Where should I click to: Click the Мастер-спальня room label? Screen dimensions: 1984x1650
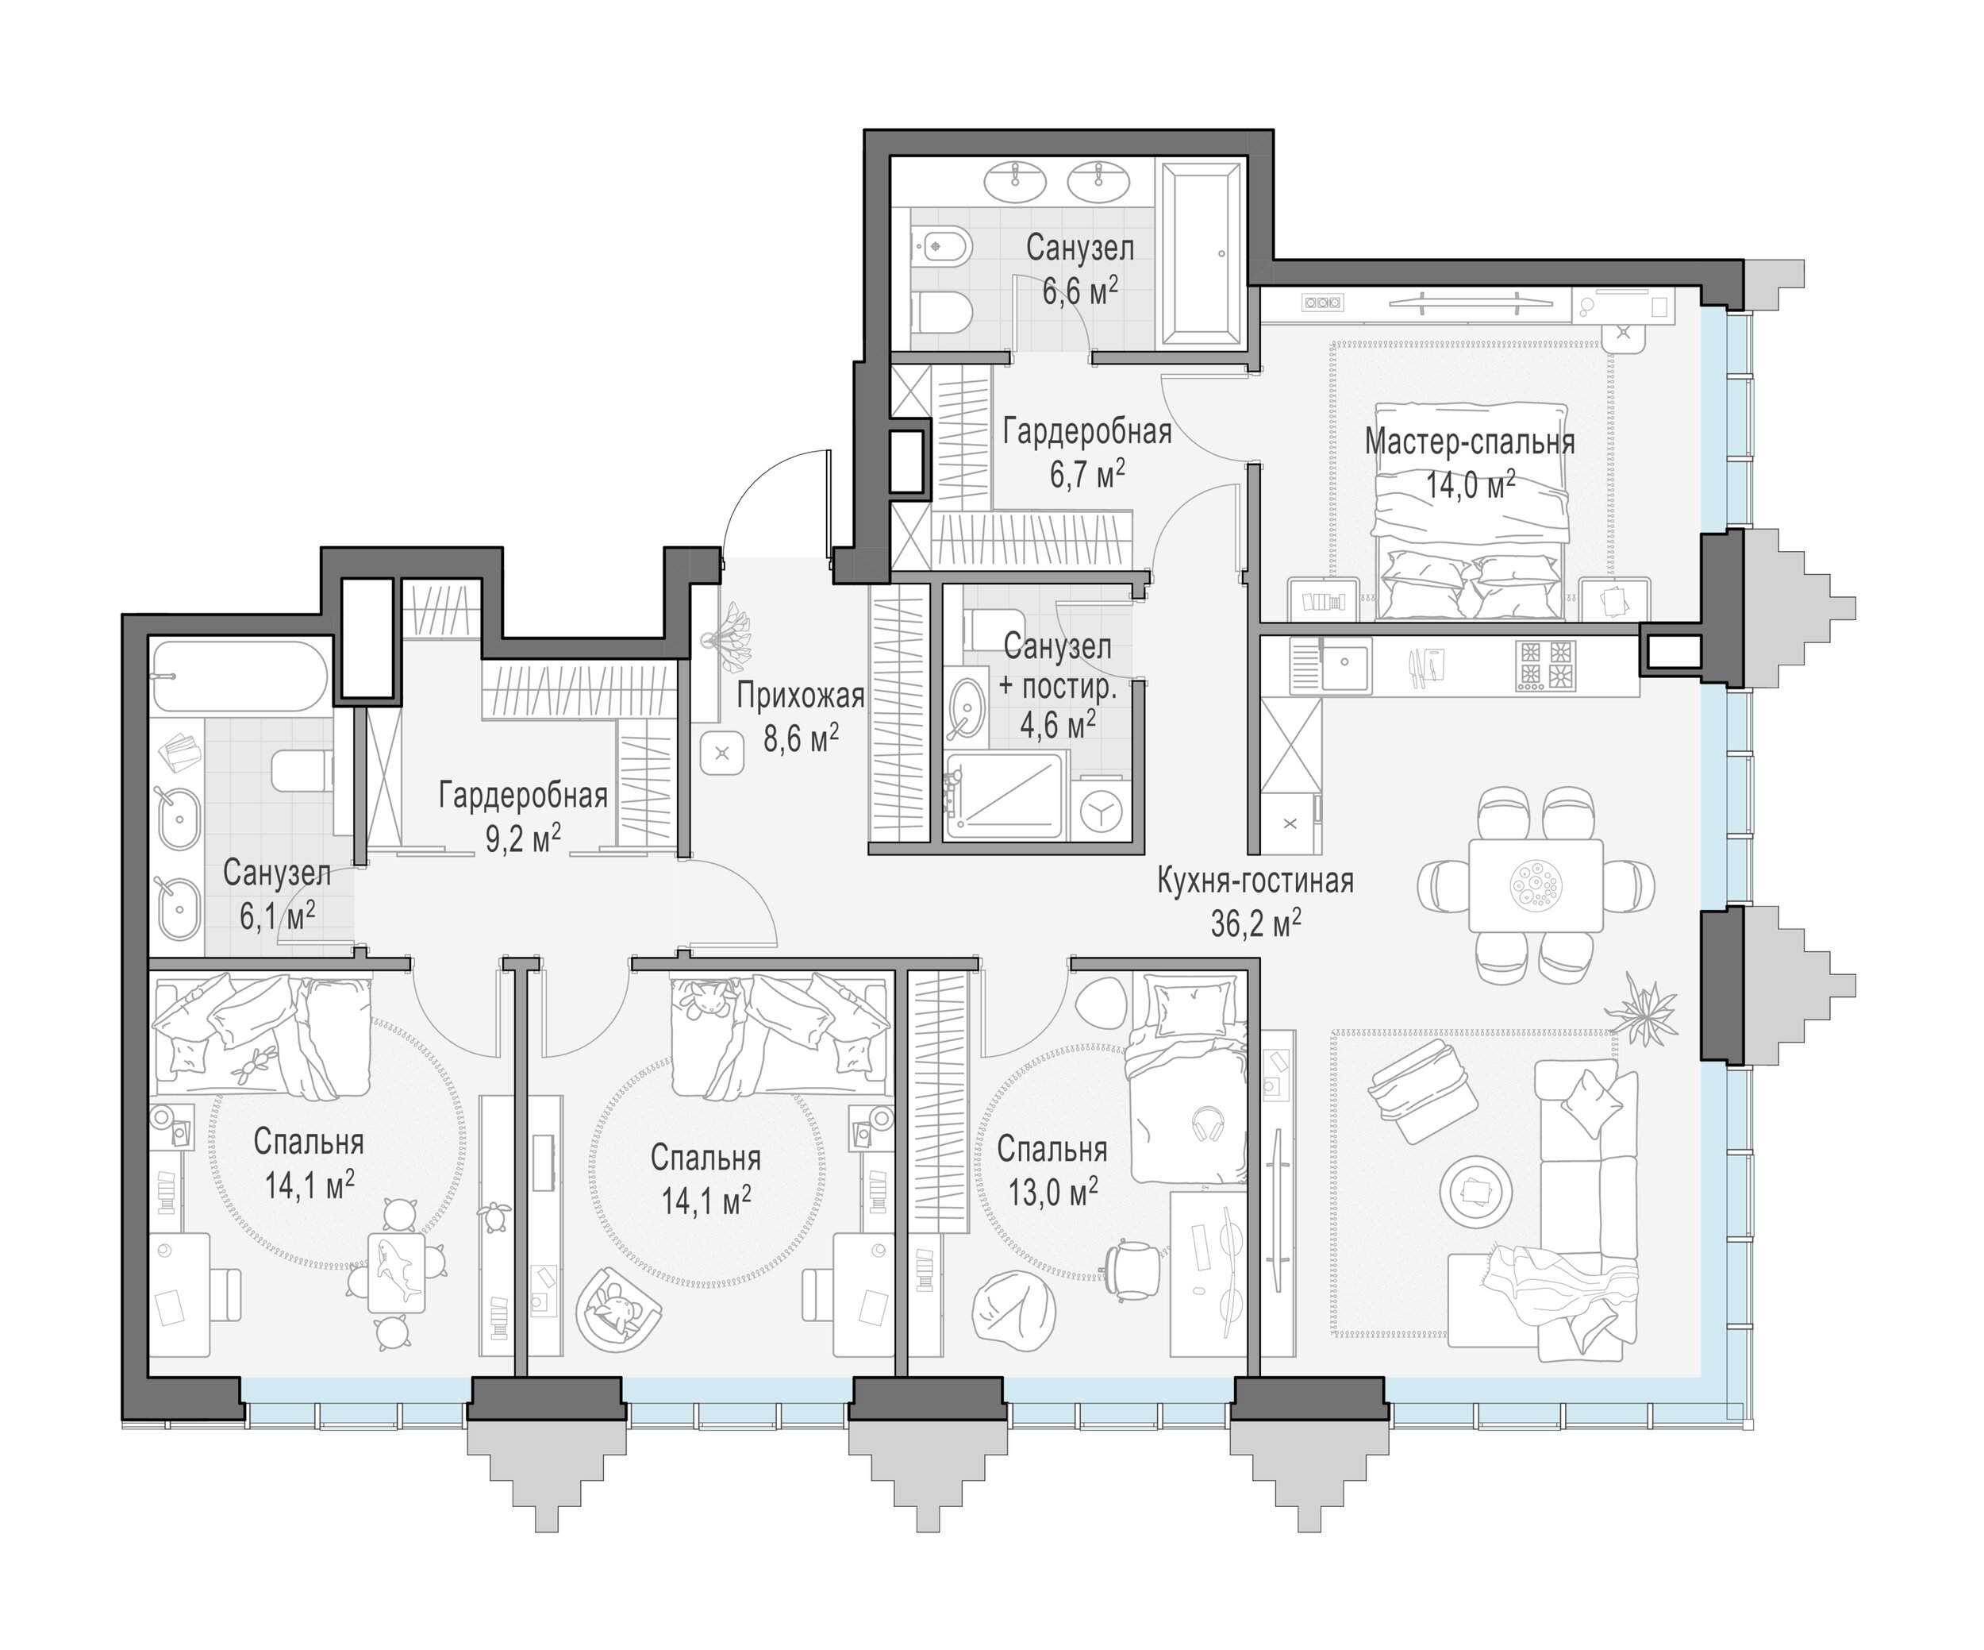click(1469, 442)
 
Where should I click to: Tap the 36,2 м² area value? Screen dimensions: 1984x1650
click(1255, 923)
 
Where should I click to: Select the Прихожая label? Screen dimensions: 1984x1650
click(800, 696)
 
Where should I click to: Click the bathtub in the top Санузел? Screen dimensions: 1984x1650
click(1202, 253)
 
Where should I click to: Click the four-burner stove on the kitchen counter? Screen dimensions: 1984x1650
click(1546, 665)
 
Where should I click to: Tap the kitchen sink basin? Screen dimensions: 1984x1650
click(1345, 665)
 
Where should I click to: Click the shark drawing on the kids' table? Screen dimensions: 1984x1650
click(396, 1267)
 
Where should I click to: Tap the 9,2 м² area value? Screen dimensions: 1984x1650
click(524, 838)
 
